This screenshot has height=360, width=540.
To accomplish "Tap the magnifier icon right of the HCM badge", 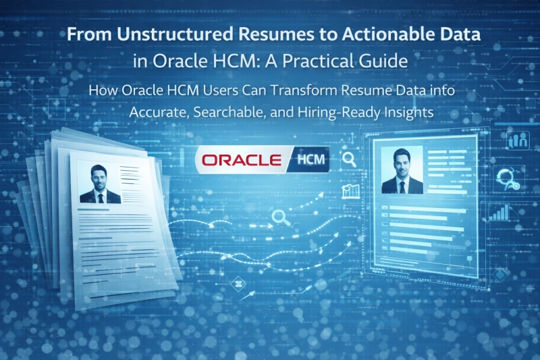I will tap(350, 160).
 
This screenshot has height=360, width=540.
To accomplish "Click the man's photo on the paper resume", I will tap(99, 182).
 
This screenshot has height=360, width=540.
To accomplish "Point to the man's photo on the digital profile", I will tap(402, 172).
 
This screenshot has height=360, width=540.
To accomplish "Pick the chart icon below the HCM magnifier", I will tap(350, 191).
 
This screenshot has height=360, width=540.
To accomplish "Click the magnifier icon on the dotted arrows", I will tap(279, 217).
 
